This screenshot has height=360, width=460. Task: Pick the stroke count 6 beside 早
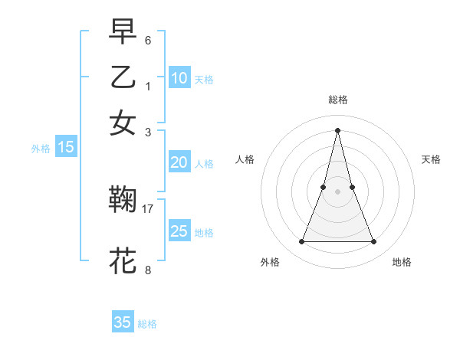pyautogui.click(x=148, y=39)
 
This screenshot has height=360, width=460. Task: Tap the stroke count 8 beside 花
pyautogui.click(x=148, y=269)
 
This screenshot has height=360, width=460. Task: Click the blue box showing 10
pyautogui.click(x=179, y=77)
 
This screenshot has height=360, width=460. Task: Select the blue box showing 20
pyautogui.click(x=179, y=162)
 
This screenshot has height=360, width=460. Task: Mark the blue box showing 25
pyautogui.click(x=179, y=231)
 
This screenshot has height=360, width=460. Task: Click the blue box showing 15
pyautogui.click(x=65, y=148)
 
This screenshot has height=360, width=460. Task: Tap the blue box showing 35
pyautogui.click(x=123, y=322)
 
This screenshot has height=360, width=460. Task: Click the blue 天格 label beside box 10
pyautogui.click(x=204, y=79)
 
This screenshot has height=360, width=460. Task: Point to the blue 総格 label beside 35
pyautogui.click(x=147, y=324)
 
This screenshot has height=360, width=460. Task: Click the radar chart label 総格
pyautogui.click(x=337, y=100)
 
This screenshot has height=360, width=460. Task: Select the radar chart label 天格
pyautogui.click(x=432, y=159)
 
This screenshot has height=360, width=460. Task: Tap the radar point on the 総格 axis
pyautogui.click(x=337, y=129)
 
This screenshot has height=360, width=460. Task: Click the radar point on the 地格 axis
pyautogui.click(x=373, y=242)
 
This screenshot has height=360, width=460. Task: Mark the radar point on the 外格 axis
pyautogui.click(x=301, y=242)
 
